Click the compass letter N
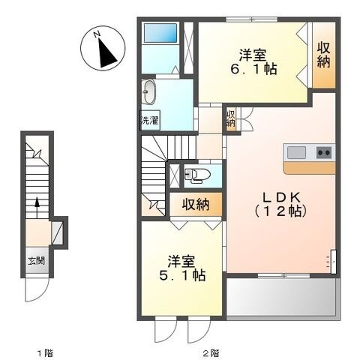(97, 34)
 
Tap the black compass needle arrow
(106, 53)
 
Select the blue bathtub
(160, 33)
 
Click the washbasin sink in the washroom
(148, 92)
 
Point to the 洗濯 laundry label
(149, 121)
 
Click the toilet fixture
(196, 175)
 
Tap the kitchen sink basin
(296, 153)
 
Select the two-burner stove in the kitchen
(325, 152)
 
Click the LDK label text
(280, 198)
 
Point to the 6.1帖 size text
(253, 70)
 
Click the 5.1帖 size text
(182, 276)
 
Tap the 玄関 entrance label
(37, 261)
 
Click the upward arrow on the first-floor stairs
(37, 208)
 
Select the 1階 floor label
(45, 353)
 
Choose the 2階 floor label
(211, 353)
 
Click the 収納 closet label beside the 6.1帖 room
(323, 55)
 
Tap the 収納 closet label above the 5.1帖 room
(196, 205)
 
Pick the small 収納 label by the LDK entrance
(231, 118)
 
